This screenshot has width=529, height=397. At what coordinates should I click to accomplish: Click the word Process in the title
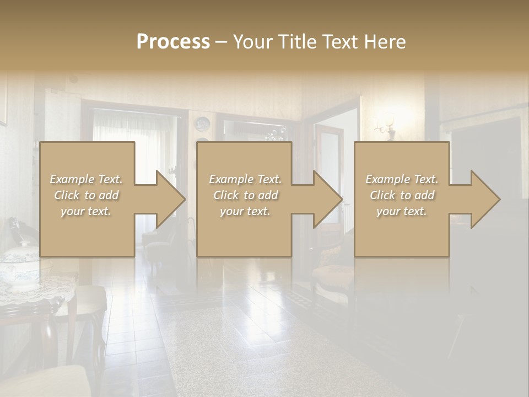[x=173, y=42]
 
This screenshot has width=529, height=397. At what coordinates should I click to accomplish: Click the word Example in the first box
[x=71, y=179]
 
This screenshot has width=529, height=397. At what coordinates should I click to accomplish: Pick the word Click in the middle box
[x=226, y=195]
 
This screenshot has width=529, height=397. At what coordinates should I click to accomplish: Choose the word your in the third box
[x=389, y=211]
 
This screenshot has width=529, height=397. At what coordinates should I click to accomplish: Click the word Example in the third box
[x=386, y=179]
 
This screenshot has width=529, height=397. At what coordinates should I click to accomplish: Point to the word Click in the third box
[x=382, y=195]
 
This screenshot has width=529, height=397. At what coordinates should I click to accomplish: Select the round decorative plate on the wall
[x=202, y=124]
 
